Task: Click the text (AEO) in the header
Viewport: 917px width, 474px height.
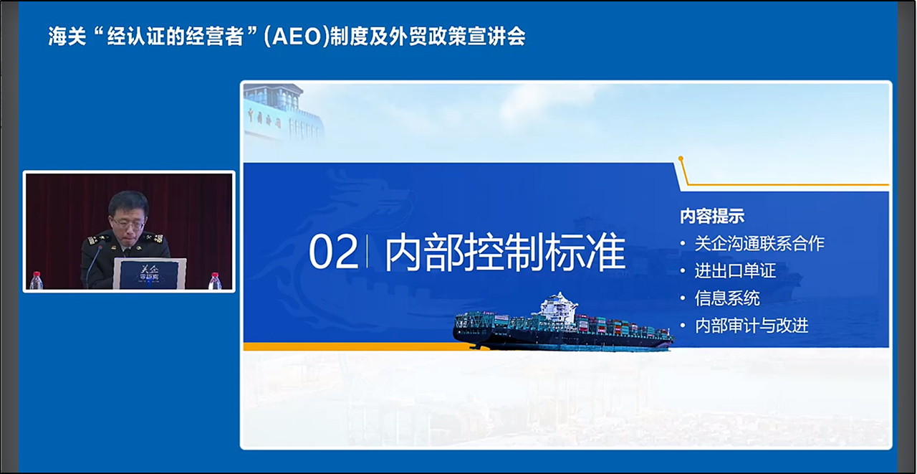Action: coord(297,37)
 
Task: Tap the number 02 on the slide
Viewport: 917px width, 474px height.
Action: coord(333,252)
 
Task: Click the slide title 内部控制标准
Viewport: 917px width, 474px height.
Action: coord(505,252)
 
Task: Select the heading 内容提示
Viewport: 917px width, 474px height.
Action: coord(712,217)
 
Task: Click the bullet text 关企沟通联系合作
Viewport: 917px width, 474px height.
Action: coord(759,243)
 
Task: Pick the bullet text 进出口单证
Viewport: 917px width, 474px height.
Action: coord(735,271)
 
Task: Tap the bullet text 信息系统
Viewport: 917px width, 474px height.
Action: coord(727,298)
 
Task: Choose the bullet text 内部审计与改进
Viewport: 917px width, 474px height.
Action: coord(752,326)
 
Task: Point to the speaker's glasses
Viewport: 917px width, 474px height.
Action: coord(128,224)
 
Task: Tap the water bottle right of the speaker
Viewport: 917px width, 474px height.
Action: coord(215,281)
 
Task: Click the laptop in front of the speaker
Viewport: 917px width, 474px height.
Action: coord(149,274)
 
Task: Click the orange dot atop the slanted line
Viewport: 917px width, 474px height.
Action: coord(681,158)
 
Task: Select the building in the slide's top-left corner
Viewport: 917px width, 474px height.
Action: coord(283,113)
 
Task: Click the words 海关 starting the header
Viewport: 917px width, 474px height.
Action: coord(67,37)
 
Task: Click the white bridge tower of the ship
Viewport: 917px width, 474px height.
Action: coord(558,306)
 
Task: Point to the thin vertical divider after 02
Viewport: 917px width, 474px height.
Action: coord(368,252)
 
